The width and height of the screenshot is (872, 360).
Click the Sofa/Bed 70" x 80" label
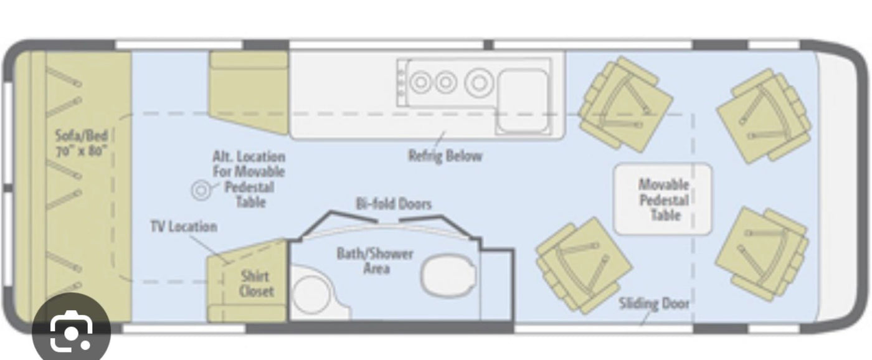click(81, 143)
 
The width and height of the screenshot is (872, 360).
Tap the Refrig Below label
click(445, 156)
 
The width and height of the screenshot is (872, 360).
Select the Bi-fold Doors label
click(394, 204)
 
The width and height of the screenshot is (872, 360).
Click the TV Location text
click(184, 227)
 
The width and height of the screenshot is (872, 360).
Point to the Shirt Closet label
click(256, 284)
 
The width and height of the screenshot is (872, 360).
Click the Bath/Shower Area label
click(374, 261)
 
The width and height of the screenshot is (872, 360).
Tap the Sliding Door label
click(654, 303)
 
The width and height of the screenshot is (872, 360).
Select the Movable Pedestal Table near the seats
click(662, 199)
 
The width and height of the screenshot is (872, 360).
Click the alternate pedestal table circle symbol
click(201, 191)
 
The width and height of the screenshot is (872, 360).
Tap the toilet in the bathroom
click(448, 276)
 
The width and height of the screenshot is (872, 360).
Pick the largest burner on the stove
click(480, 83)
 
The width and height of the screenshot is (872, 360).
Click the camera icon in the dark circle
click(71, 331)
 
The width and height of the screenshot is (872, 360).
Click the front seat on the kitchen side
click(764, 116)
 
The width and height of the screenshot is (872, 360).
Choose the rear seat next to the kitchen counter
click(625, 104)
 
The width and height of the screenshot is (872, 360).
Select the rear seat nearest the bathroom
click(584, 266)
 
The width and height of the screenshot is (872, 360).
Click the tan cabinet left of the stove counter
click(249, 92)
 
